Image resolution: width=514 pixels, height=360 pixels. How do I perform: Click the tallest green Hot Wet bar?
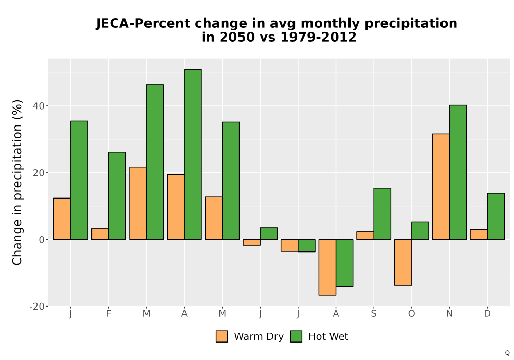[193, 154]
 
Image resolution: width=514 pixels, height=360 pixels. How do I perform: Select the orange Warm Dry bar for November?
[441, 187]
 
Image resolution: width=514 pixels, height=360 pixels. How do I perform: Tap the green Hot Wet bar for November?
[458, 172]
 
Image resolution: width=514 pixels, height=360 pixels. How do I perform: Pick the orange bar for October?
[403, 262]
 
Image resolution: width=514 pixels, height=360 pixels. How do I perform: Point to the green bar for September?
[382, 214]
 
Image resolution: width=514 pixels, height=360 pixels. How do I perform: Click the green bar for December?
[495, 217]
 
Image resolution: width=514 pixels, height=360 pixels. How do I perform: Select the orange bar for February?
[100, 234]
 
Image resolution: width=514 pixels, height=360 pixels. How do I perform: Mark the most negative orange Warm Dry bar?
[327, 267]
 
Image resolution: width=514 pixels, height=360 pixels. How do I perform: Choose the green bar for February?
[117, 196]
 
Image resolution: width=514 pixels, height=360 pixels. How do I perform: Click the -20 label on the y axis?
[37, 306]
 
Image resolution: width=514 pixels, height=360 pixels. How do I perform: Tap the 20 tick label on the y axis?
[39, 173]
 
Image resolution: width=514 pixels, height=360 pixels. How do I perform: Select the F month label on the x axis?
[108, 314]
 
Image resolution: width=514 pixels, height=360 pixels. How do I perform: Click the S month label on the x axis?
[373, 314]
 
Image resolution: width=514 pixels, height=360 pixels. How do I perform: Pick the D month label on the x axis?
[487, 314]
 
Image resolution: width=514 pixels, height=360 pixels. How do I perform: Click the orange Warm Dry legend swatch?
[222, 336]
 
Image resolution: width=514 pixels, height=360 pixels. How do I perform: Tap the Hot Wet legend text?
[328, 337]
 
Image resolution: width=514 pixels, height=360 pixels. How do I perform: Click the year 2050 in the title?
[237, 37]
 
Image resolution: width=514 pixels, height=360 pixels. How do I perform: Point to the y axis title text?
[17, 182]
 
